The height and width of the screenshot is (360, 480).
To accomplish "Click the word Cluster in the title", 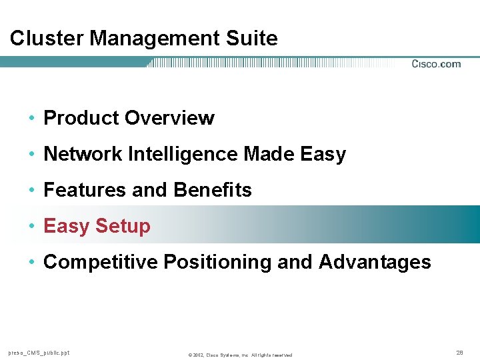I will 47,38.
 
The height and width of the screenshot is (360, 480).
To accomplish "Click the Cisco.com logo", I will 436,64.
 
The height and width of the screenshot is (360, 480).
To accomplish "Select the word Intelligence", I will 183,154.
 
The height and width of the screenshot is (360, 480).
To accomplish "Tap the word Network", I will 82,154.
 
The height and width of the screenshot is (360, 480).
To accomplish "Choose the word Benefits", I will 213,190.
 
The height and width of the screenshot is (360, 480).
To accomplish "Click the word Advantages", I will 375,262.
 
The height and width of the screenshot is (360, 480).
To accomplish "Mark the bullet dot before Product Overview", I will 32,119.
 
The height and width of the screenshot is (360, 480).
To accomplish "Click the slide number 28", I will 459,351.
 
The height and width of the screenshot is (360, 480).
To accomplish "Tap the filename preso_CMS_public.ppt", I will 39,353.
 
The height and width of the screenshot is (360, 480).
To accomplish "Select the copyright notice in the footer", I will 240,354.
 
